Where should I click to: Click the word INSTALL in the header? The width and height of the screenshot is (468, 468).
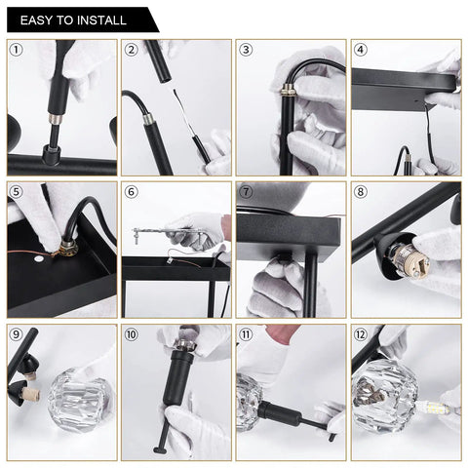101,20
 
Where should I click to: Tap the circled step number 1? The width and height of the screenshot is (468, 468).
17,50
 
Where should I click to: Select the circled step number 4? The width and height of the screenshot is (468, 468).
360,50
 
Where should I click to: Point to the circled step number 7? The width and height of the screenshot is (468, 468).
246,192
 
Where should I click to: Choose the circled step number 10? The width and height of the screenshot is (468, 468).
131,334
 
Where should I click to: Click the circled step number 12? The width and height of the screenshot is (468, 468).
360,334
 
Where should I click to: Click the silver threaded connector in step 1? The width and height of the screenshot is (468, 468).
55,119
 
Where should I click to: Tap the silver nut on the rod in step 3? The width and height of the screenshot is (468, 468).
288,90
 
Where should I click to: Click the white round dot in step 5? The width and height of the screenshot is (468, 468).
39,259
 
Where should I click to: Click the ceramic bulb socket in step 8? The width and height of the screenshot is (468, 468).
412,256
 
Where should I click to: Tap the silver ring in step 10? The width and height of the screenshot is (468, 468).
184,344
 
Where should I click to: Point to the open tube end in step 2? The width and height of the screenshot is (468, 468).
165,78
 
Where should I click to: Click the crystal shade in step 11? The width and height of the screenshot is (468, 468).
249,402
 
